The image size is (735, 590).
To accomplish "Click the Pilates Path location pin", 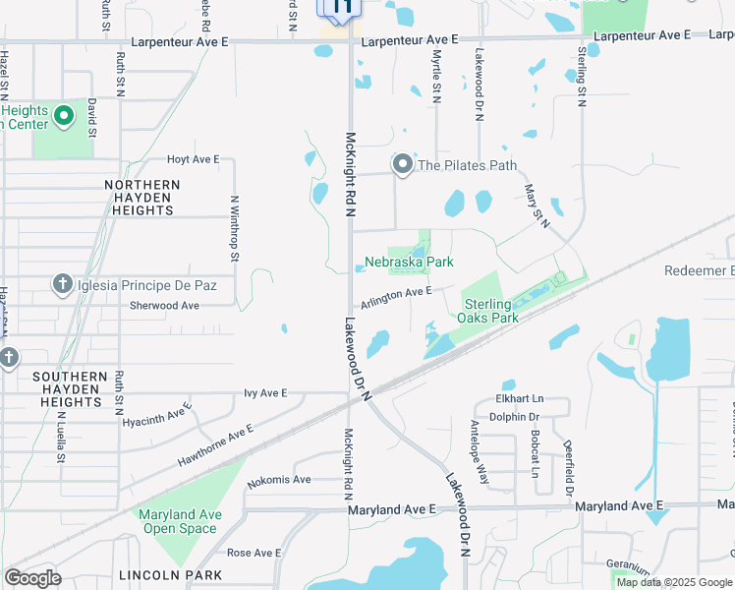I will pos(403,165).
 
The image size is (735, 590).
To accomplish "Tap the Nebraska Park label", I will pos(409,263).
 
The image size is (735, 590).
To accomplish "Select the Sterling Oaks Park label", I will pos(487,311).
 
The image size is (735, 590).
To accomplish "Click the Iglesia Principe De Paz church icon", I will pos(62,285).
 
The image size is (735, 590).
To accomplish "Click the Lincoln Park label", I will pos(158,574).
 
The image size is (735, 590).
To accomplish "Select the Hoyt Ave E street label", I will pos(194,159).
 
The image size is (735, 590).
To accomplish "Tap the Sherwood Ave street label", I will pos(165,306).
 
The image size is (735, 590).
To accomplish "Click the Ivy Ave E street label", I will pos(265,393).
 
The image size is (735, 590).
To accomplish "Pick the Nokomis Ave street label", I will pos(279,480).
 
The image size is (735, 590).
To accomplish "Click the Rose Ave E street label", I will pos(254,553).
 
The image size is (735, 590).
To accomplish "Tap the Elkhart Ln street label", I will pos(520,399).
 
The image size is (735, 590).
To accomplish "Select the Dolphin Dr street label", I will pos(515,416).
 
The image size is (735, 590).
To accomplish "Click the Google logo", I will pos(33,578).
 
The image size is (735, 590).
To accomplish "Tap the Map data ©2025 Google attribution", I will pos(674,582).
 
